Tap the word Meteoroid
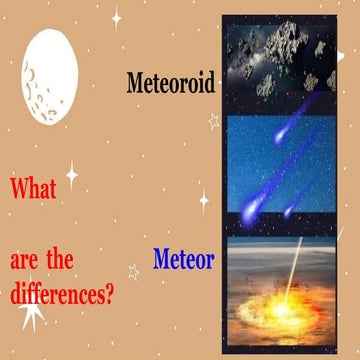(x=170, y=81)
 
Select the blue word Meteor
(x=183, y=260)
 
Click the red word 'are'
(x=29, y=262)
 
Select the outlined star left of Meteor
(x=133, y=271)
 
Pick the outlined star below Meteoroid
(x=212, y=120)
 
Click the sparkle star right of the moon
(x=116, y=17)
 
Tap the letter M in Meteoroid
(x=137, y=81)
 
